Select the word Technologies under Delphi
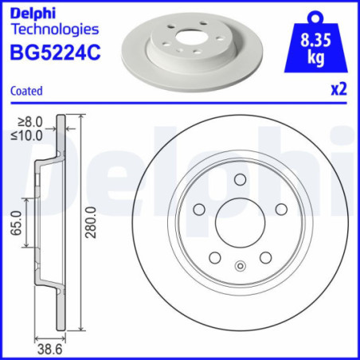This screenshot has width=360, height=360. (54, 29)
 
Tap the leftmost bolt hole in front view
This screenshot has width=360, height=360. (199, 209)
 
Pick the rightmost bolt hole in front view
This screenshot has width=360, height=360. (280, 209)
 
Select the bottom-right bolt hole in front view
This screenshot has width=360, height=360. (264, 256)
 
